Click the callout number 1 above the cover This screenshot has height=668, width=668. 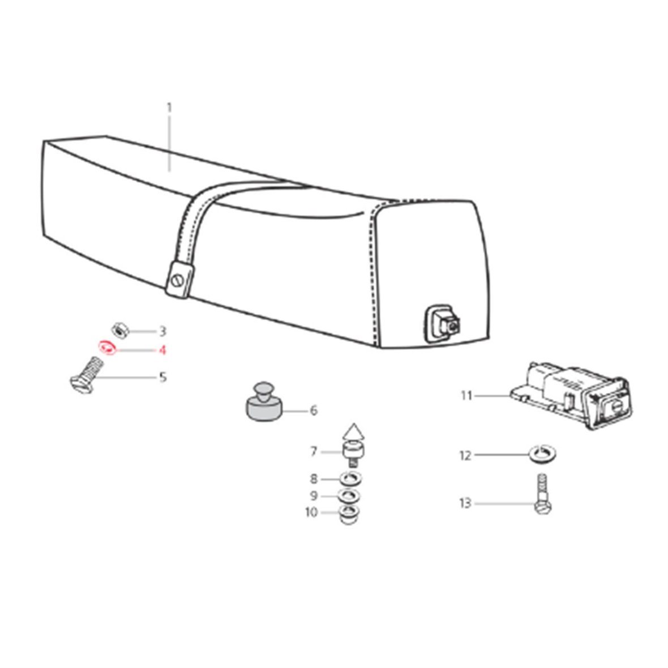[169, 108]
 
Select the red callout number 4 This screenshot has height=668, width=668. [162, 350]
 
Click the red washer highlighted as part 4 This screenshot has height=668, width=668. [107, 347]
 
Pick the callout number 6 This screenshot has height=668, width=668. [314, 410]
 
